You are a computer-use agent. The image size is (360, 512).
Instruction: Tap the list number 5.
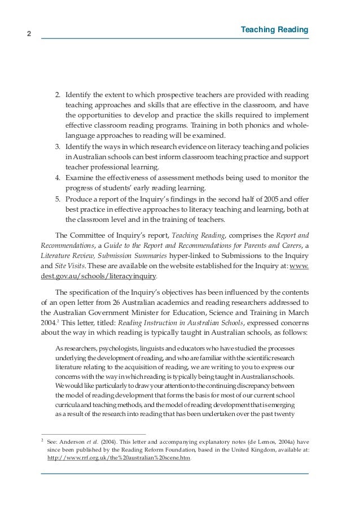click(58, 200)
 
